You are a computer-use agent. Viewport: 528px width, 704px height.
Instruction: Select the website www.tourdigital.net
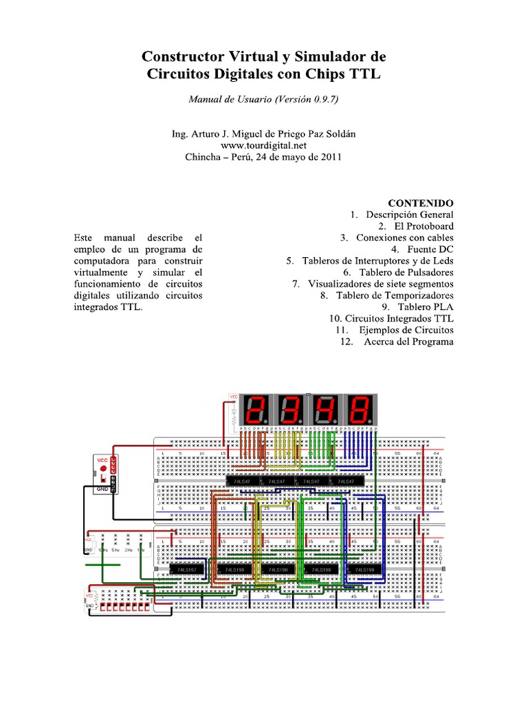(x=263, y=146)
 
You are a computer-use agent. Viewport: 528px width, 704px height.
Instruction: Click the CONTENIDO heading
(x=421, y=203)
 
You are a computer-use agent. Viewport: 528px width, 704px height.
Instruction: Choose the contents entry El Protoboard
(x=424, y=226)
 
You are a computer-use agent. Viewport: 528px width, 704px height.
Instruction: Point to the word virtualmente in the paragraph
(x=101, y=272)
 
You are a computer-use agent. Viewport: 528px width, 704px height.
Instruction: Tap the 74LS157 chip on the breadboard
(x=186, y=570)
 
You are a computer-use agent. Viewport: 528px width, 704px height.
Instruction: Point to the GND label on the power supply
(x=102, y=488)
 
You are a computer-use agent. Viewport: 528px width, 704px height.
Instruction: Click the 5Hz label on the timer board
(x=115, y=549)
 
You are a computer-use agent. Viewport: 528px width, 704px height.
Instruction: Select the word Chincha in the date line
(x=204, y=157)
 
